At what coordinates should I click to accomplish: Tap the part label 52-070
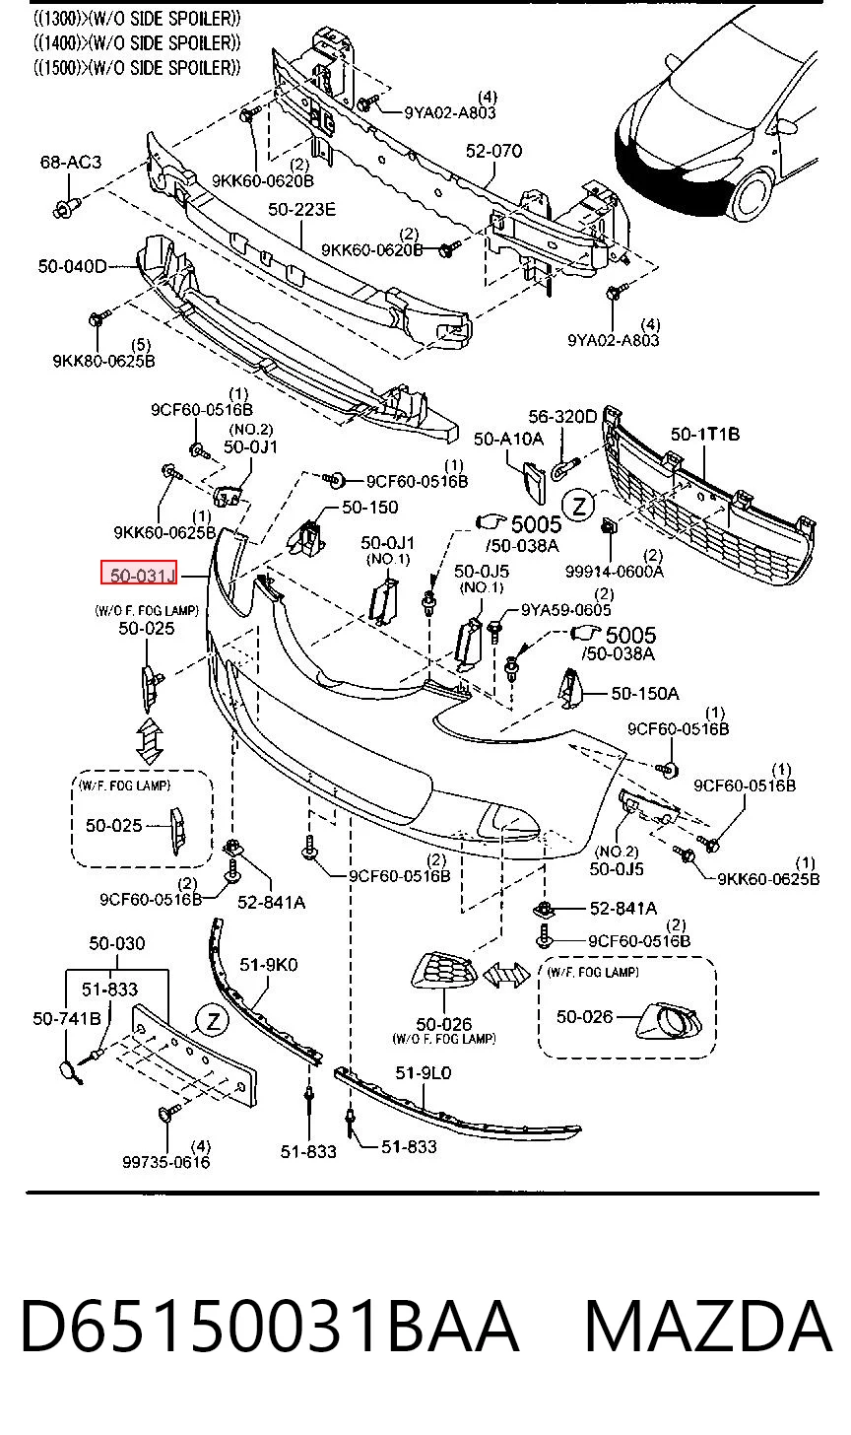pyautogui.click(x=493, y=151)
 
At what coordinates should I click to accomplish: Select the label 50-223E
pyautogui.click(x=301, y=210)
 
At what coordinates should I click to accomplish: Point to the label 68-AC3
pyautogui.click(x=71, y=162)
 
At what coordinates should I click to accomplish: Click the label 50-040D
pyautogui.click(x=72, y=266)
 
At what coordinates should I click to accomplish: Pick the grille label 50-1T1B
pyautogui.click(x=705, y=434)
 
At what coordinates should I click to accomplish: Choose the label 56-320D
pyautogui.click(x=562, y=416)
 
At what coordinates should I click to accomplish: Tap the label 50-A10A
pyautogui.click(x=508, y=439)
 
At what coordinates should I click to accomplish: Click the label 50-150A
pyautogui.click(x=645, y=693)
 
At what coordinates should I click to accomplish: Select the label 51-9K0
pyautogui.click(x=268, y=965)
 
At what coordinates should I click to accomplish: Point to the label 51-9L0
pyautogui.click(x=423, y=1072)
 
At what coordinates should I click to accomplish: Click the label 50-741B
pyautogui.click(x=67, y=1018)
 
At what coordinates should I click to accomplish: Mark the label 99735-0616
pyautogui.click(x=165, y=1162)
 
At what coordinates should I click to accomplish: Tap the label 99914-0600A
pyautogui.click(x=614, y=571)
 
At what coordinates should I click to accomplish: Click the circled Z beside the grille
pyautogui.click(x=579, y=507)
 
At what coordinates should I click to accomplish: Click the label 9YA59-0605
pyautogui.click(x=565, y=610)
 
